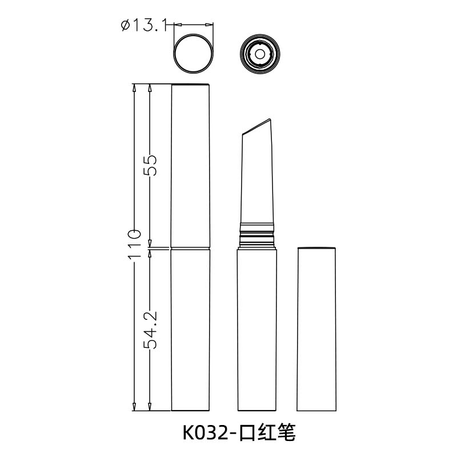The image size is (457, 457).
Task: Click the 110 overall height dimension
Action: (x=134, y=244)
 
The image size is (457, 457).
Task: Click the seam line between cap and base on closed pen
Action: (x=191, y=248)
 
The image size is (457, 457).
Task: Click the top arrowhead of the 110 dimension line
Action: (x=134, y=88)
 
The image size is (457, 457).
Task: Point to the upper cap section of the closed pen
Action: (x=191, y=166)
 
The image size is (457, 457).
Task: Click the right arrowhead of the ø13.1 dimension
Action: (x=211, y=25)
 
